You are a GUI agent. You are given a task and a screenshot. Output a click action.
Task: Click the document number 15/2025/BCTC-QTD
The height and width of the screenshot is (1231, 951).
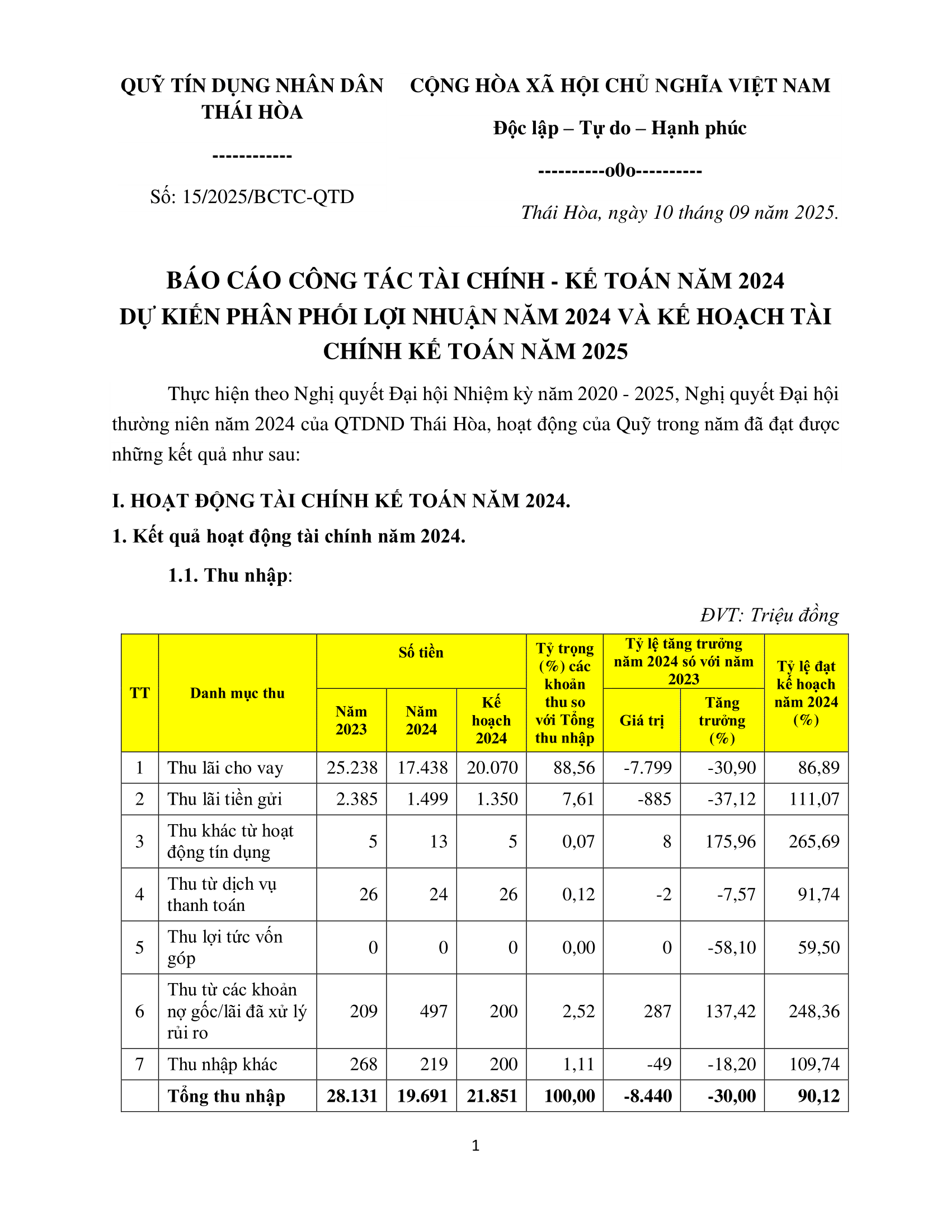(252, 197)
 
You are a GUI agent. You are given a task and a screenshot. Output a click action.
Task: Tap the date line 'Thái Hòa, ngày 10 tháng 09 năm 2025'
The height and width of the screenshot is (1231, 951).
(680, 213)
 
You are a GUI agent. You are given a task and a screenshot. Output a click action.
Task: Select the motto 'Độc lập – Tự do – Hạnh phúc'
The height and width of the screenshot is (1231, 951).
(620, 129)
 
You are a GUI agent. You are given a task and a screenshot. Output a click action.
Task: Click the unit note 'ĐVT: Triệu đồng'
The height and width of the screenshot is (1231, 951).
(770, 615)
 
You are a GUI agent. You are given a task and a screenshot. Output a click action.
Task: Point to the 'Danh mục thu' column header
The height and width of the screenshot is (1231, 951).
(237, 693)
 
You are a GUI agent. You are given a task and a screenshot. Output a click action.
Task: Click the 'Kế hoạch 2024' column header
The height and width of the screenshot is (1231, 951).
(491, 720)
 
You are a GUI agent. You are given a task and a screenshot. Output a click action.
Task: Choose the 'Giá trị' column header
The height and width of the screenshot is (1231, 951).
(642, 720)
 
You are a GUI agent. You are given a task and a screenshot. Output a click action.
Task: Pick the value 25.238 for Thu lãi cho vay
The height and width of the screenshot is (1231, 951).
(352, 767)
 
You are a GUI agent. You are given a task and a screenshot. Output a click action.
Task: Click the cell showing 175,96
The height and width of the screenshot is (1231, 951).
(730, 841)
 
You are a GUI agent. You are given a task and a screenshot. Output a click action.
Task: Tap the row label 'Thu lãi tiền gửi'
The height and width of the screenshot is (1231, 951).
(224, 798)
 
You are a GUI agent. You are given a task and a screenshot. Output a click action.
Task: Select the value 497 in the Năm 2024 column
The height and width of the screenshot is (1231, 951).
(433, 1011)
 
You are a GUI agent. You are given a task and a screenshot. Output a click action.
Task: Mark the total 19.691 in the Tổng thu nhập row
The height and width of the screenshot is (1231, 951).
(422, 1095)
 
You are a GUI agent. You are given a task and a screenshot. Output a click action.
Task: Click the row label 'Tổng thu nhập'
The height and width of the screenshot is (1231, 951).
(226, 1096)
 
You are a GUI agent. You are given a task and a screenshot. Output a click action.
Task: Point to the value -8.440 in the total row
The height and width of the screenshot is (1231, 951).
(647, 1095)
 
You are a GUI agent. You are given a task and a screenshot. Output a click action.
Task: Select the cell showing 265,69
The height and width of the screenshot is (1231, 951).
(813, 841)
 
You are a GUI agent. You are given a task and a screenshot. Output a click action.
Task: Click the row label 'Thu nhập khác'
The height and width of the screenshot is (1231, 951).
(222, 1064)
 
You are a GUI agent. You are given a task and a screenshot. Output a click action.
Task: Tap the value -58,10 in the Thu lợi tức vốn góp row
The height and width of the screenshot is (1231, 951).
(731, 947)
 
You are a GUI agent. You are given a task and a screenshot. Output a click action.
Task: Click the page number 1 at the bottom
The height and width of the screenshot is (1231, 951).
(475, 1145)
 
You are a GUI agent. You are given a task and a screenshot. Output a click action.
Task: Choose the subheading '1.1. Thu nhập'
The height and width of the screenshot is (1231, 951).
(230, 575)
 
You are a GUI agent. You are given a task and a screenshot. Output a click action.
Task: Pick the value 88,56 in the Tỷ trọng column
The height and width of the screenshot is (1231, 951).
(573, 767)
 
